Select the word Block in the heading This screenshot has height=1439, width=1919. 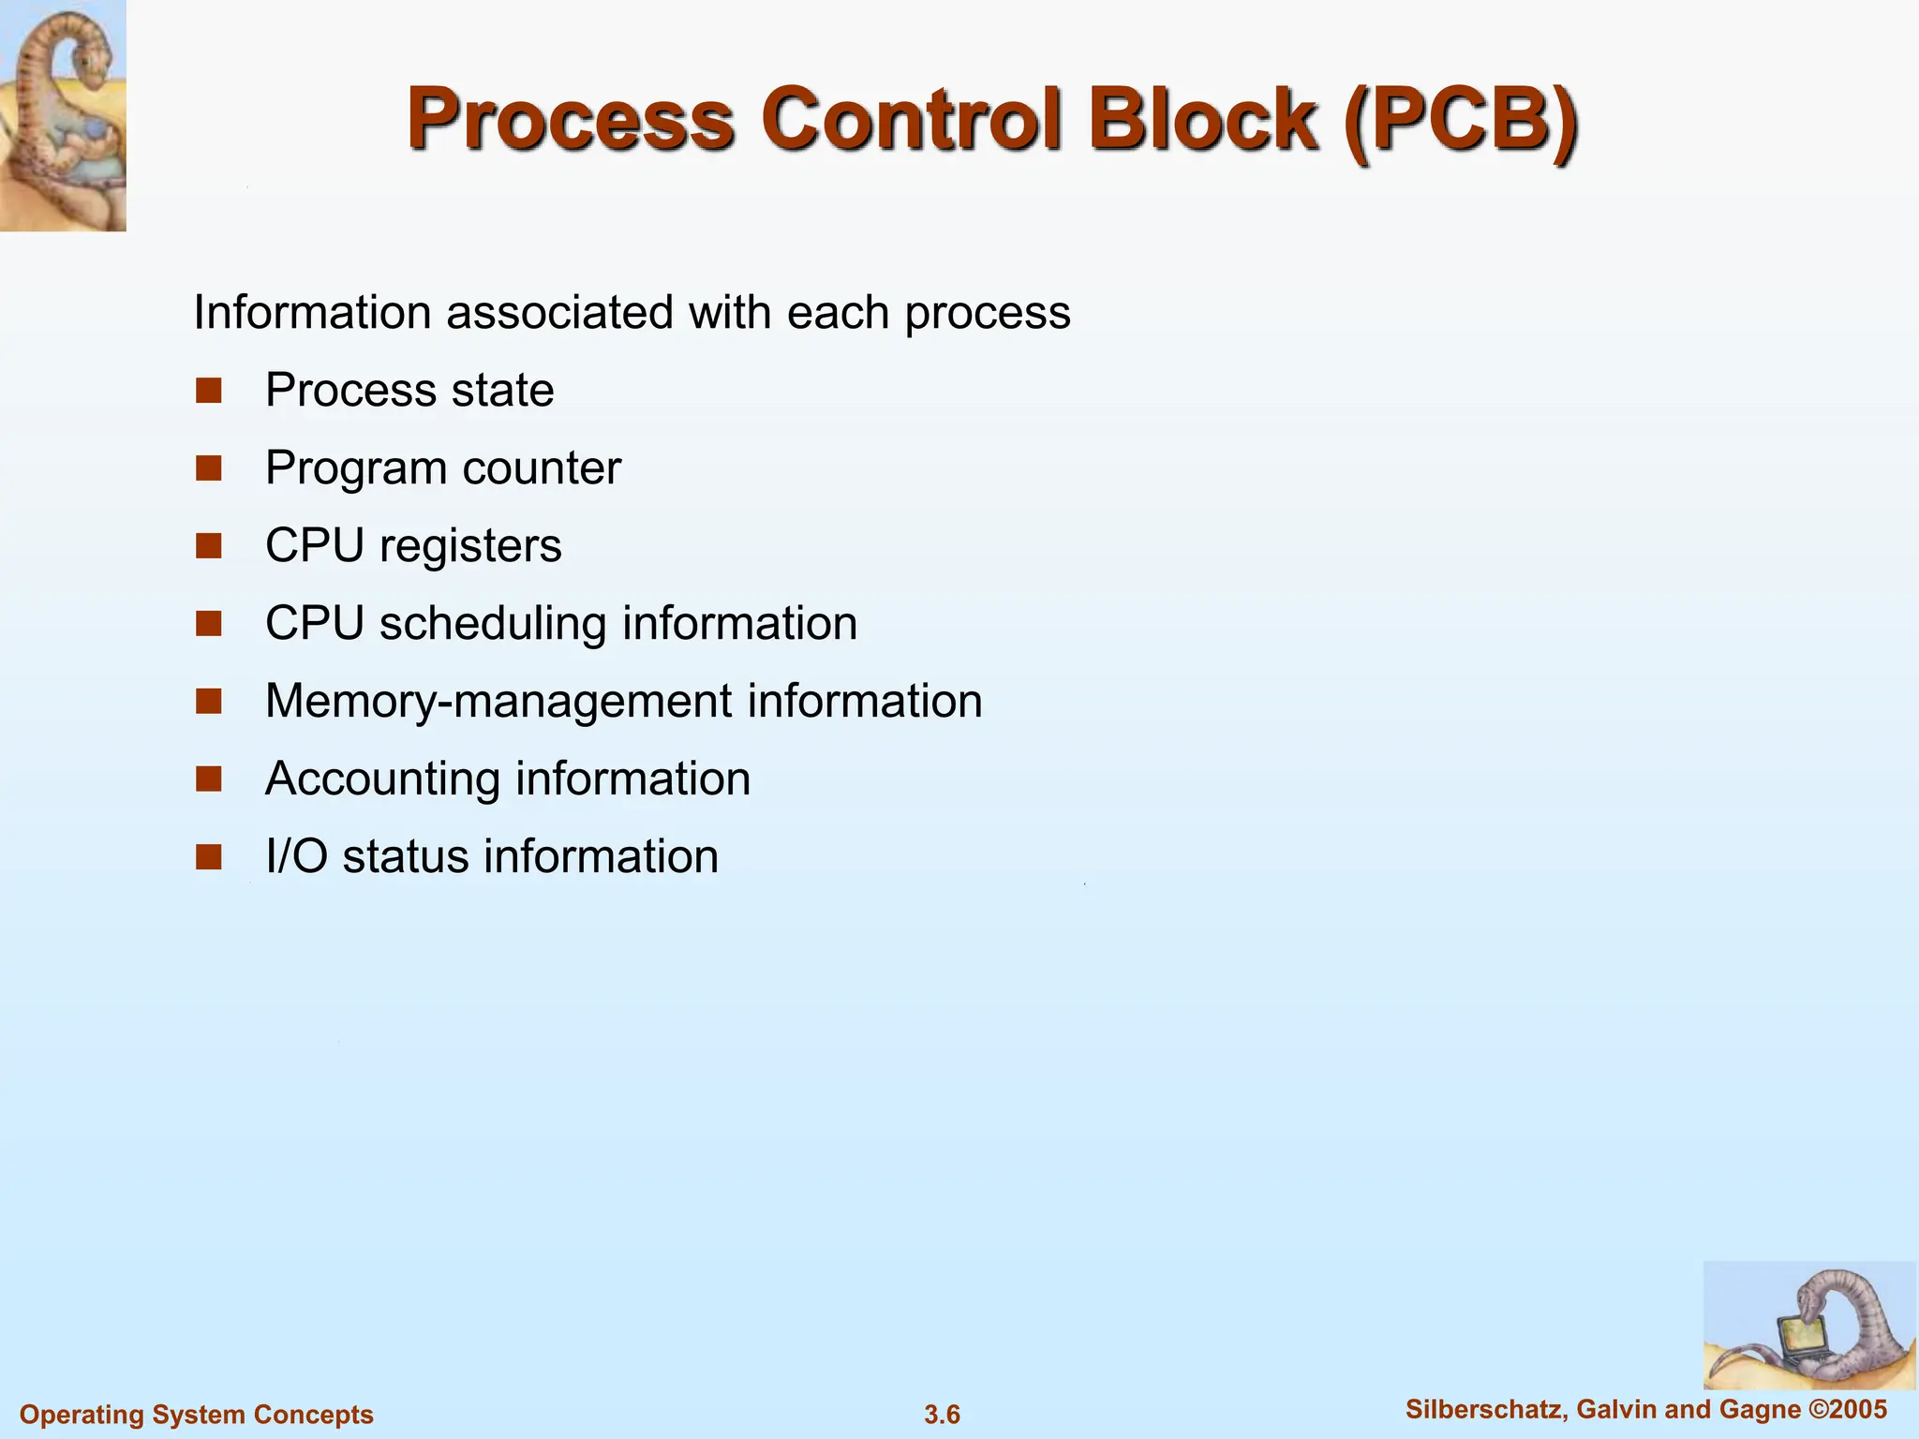1203,119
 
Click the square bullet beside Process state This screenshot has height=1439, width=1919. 208,390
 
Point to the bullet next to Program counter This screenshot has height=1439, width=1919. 208,467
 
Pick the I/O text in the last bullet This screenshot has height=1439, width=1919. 296,856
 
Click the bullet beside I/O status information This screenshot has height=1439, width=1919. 208,856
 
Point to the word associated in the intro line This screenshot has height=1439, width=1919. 558,312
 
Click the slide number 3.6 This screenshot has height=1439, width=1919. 942,1414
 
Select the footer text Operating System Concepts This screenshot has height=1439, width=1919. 197,1414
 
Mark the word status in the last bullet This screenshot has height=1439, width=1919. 405,857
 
